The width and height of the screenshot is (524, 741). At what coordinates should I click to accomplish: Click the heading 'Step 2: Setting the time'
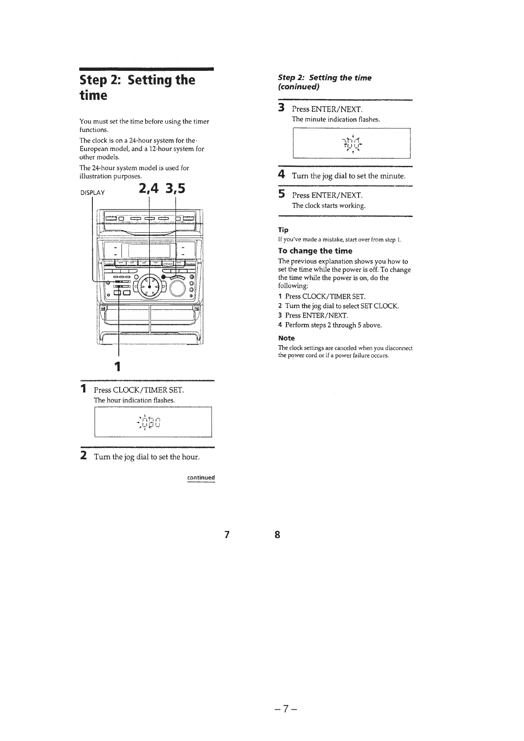pyautogui.click(x=137, y=87)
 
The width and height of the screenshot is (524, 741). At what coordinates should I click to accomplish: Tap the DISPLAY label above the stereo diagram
pyautogui.click(x=92, y=192)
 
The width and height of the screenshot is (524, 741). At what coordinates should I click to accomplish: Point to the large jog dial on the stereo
pyautogui.click(x=150, y=287)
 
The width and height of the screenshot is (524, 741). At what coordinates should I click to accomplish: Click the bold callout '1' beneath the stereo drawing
pyautogui.click(x=117, y=366)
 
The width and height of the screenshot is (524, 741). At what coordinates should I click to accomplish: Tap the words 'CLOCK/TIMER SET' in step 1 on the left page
pyautogui.click(x=148, y=390)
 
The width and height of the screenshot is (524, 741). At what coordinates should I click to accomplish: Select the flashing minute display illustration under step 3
pyautogui.click(x=352, y=143)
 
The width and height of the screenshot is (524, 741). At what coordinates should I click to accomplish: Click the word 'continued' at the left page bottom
pyautogui.click(x=201, y=477)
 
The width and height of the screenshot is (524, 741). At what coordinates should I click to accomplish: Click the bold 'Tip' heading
pyautogui.click(x=283, y=230)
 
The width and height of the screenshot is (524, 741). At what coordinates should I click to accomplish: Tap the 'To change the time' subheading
pyautogui.click(x=315, y=251)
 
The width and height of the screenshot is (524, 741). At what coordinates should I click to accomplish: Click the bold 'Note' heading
pyautogui.click(x=286, y=338)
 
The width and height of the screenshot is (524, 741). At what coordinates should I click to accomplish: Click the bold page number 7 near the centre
pyautogui.click(x=227, y=535)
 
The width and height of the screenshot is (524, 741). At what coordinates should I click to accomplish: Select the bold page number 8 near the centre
pyautogui.click(x=277, y=535)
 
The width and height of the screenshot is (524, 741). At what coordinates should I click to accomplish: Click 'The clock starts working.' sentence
pyautogui.click(x=329, y=205)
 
